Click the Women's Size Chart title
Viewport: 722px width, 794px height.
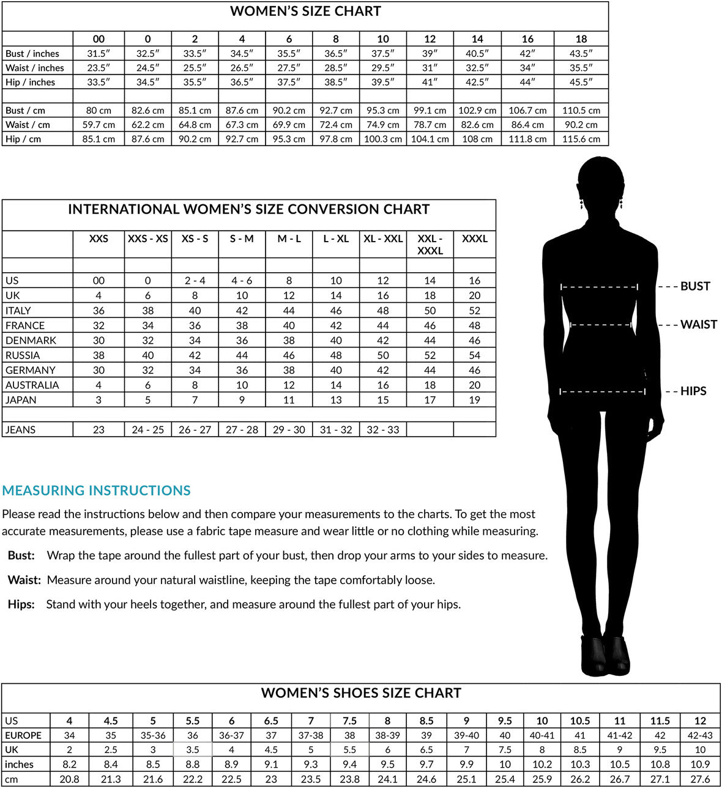(x=305, y=11)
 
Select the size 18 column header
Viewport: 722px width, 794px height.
(x=581, y=39)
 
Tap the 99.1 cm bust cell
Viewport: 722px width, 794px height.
(x=430, y=111)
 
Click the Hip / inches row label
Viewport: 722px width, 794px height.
(x=31, y=82)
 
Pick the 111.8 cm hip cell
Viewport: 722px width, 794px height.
(x=527, y=139)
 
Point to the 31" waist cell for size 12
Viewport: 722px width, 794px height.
(x=430, y=68)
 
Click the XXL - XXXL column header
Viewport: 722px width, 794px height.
(x=430, y=244)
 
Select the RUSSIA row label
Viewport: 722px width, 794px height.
(x=23, y=355)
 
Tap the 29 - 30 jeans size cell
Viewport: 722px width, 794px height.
(x=289, y=429)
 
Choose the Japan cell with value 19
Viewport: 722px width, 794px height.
(x=474, y=400)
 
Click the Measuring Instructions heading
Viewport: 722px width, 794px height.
(x=97, y=491)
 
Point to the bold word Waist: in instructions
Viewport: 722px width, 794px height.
(x=24, y=580)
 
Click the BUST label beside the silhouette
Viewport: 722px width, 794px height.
(x=695, y=286)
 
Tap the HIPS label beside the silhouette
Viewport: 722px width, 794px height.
(x=693, y=391)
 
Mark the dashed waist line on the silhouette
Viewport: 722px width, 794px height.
(x=600, y=325)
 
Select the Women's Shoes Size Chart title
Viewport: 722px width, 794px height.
(x=361, y=693)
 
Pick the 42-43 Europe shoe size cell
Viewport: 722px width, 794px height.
(x=700, y=735)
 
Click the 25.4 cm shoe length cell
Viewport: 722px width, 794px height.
(x=505, y=779)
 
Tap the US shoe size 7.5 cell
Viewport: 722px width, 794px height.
(x=349, y=721)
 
